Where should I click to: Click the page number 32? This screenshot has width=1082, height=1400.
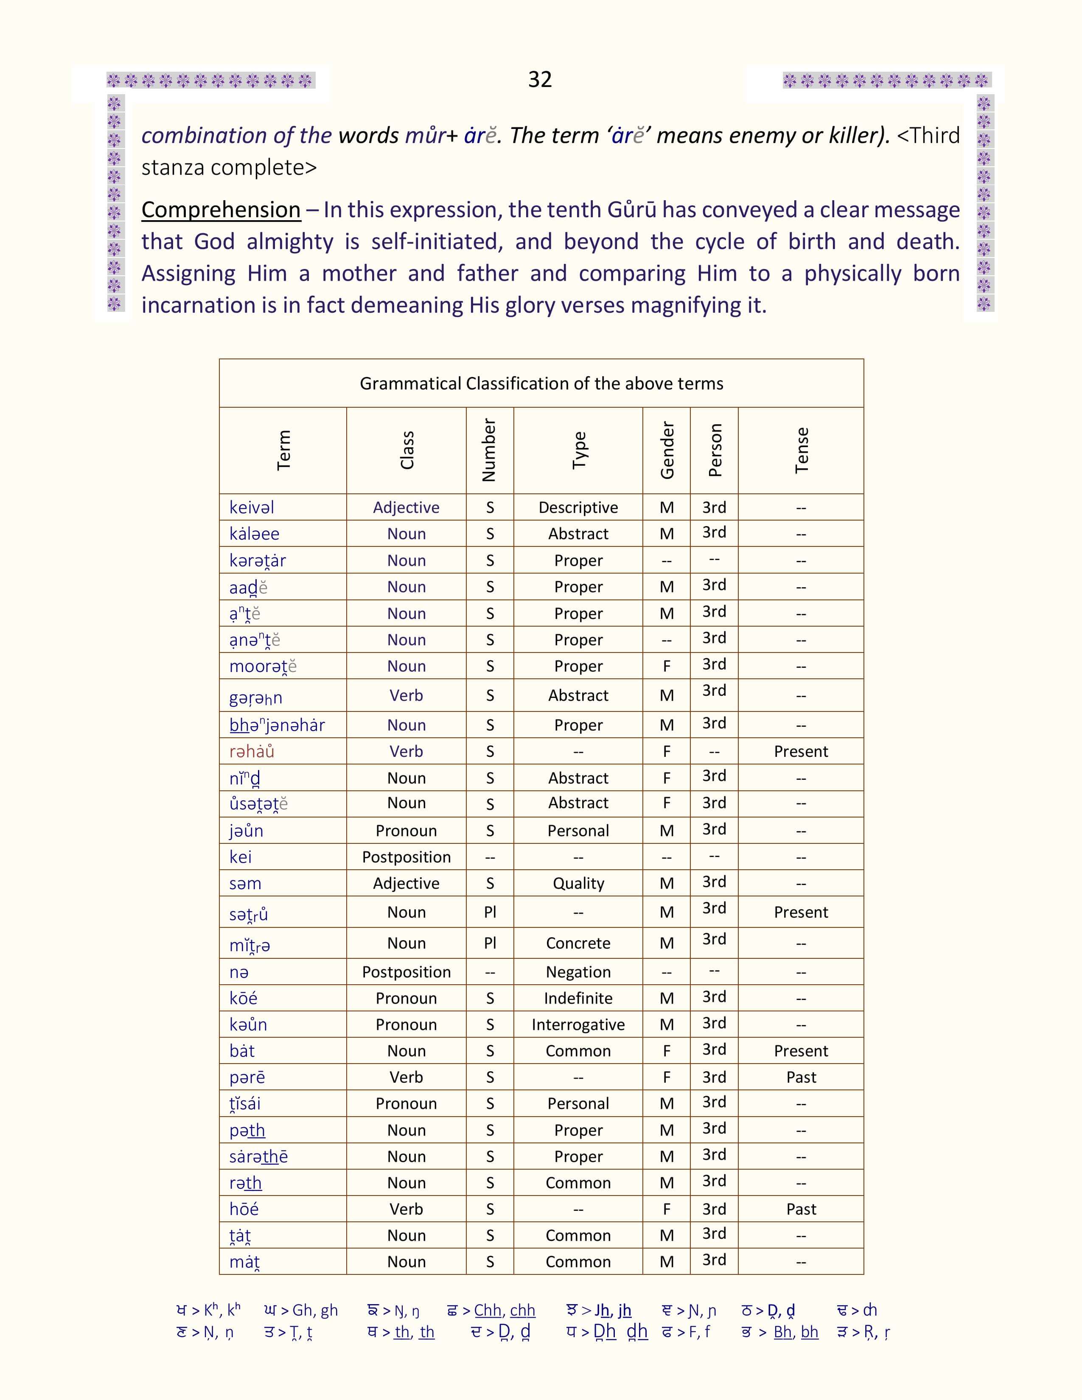[x=540, y=79]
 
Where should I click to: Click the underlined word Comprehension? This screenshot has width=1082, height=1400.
[x=221, y=210]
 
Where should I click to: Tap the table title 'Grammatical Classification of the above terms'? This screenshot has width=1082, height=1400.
[x=541, y=384]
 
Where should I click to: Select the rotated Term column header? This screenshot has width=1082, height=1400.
[x=283, y=450]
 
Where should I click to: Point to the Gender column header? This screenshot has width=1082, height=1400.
[x=667, y=450]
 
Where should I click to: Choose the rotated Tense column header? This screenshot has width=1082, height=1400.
[x=801, y=450]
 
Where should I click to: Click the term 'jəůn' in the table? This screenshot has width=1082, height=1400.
[x=246, y=831]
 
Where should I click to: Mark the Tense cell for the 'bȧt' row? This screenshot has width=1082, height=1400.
[x=801, y=1051]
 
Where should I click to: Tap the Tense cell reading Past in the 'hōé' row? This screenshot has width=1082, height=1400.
[x=801, y=1209]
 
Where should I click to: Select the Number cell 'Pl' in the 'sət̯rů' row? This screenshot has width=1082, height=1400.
[x=490, y=912]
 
